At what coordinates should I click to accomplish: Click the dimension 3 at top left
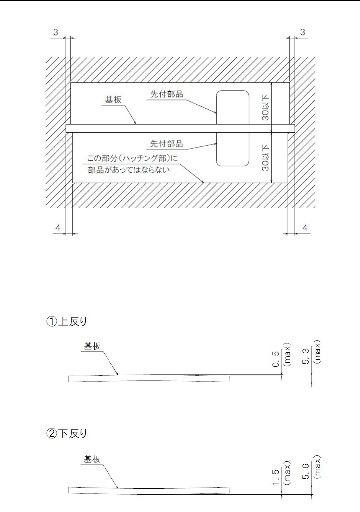(x=55, y=32)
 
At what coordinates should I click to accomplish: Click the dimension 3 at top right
(x=303, y=32)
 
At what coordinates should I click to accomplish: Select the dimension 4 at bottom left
(x=58, y=228)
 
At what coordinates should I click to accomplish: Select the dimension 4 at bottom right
(x=305, y=228)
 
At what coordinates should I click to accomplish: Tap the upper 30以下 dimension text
(x=266, y=108)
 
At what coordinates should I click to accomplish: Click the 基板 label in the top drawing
(x=113, y=100)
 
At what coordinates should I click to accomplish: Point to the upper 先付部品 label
(x=166, y=94)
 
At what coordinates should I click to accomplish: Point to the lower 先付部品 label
(x=166, y=143)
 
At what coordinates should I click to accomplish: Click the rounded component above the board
(x=232, y=107)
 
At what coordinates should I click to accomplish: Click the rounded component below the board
(x=232, y=149)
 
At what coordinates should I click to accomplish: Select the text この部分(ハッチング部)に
(x=132, y=159)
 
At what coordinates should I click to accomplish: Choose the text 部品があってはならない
(x=129, y=170)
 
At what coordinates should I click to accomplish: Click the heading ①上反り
(x=66, y=321)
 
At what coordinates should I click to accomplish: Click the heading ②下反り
(x=66, y=433)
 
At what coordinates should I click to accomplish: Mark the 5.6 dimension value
(x=306, y=471)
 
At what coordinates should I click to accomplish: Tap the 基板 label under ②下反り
(x=92, y=459)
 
